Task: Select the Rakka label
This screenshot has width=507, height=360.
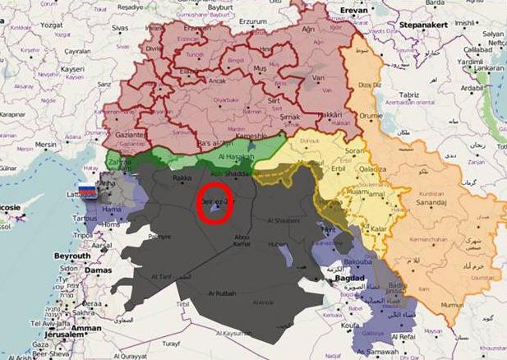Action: tap(182, 177)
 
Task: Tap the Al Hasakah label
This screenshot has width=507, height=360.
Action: tap(238, 155)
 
